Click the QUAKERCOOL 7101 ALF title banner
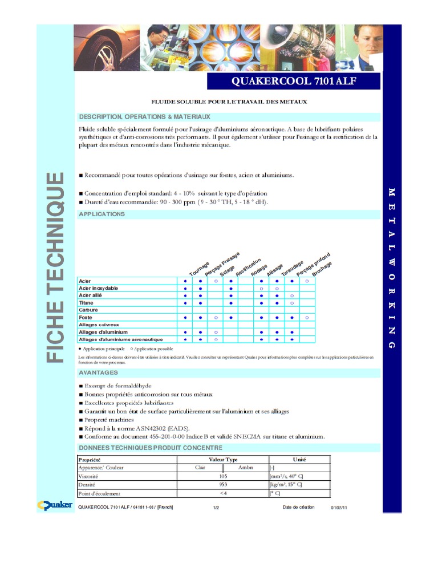click(293, 82)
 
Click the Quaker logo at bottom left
click(54, 505)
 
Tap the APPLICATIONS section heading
click(102, 214)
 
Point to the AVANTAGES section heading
click(98, 372)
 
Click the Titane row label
click(86, 303)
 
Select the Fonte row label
click(85, 317)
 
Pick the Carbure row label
click(88, 310)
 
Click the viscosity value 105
click(223, 476)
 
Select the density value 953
click(223, 484)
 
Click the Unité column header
click(299, 460)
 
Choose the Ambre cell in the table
click(246, 468)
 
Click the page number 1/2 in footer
click(216, 508)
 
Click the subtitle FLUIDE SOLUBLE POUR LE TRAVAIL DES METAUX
click(229, 102)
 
